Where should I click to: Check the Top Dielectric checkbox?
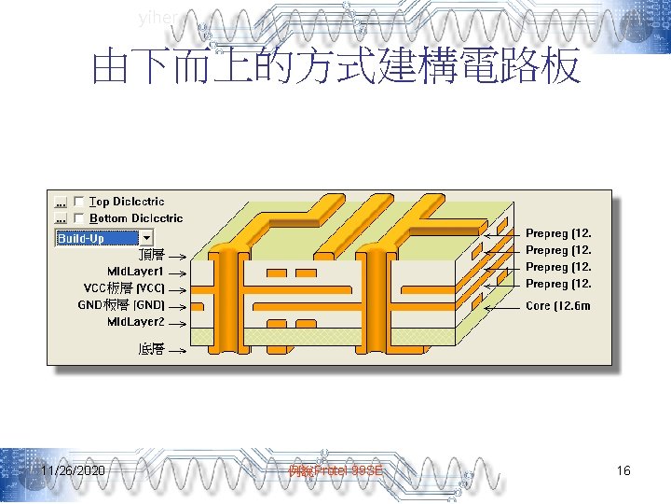tap(79, 202)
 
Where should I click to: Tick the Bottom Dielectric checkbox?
tap(79, 218)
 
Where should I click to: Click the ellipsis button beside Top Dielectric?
tap(62, 202)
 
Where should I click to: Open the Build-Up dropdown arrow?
tap(146, 238)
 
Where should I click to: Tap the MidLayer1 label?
tap(135, 272)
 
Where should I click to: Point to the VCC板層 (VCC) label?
tap(124, 288)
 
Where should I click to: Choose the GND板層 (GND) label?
tap(121, 305)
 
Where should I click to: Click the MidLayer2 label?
tap(135, 322)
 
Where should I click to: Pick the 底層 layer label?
tap(151, 349)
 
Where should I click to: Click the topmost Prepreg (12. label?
tap(558, 233)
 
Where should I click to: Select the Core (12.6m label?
tap(558, 306)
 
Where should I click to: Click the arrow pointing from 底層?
tap(177, 350)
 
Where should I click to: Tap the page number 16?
tap(623, 471)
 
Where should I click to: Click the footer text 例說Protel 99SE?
tap(335, 471)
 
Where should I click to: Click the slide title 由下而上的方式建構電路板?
tap(335, 68)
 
